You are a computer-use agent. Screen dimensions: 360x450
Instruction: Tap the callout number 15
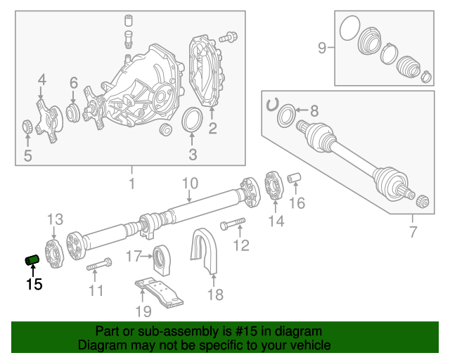click(x=34, y=284)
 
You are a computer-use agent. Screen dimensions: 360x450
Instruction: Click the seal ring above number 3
click(x=191, y=120)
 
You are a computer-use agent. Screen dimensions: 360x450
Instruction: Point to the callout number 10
click(x=190, y=184)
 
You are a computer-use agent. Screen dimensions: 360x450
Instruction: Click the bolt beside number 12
click(x=232, y=226)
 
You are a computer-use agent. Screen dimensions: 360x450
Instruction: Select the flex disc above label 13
click(x=54, y=251)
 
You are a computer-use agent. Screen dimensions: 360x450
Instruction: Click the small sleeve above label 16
click(x=296, y=176)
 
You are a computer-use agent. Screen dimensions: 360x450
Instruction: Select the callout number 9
click(x=322, y=48)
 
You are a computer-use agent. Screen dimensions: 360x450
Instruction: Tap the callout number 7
click(x=413, y=232)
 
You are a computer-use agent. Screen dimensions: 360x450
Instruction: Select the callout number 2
click(x=212, y=128)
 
